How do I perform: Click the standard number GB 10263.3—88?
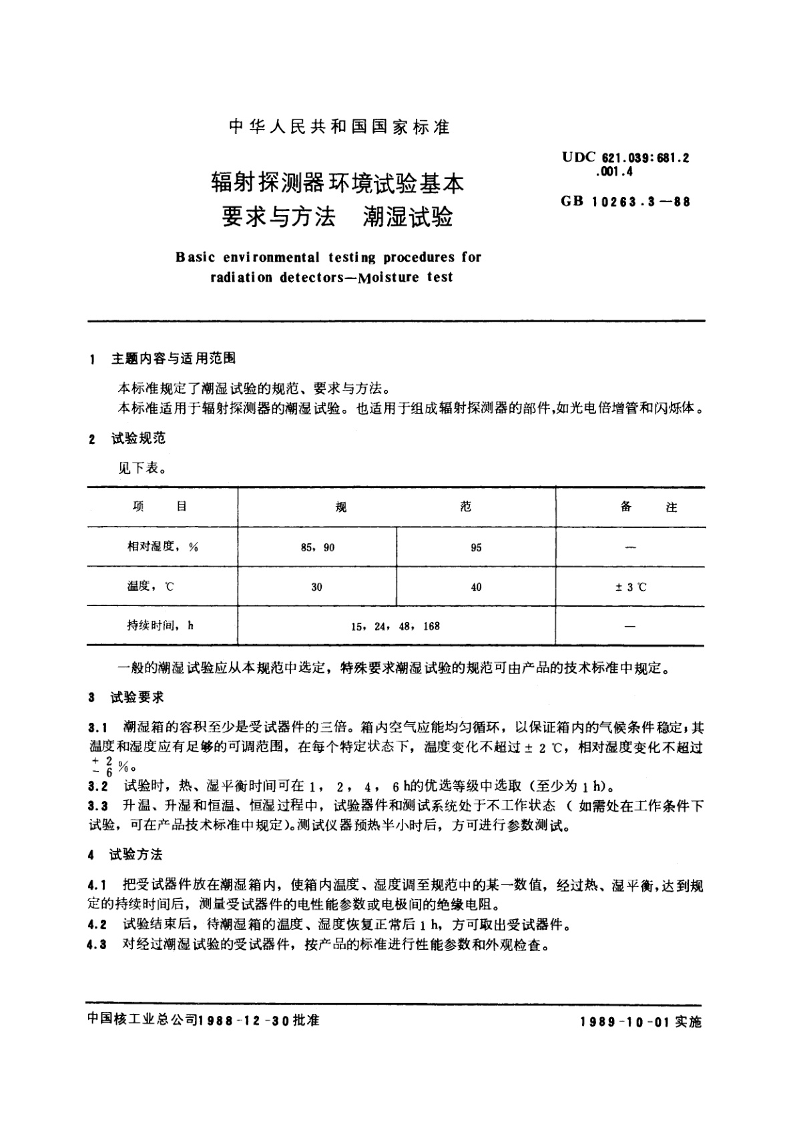[x=625, y=201]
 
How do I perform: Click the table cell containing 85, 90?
[x=317, y=547]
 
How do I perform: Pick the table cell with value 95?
[x=475, y=547]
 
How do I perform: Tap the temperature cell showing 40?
[x=475, y=587]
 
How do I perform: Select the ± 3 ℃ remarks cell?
[x=629, y=587]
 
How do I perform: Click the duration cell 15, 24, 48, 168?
[x=396, y=626]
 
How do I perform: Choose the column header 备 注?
[x=647, y=507]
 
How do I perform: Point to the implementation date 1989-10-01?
[x=625, y=1022]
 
